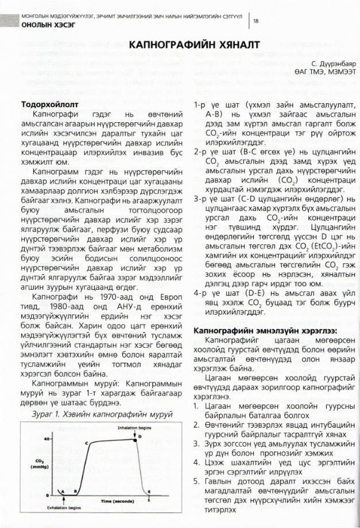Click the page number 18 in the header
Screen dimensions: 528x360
tap(256, 21)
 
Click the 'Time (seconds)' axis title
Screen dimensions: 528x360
tap(121, 501)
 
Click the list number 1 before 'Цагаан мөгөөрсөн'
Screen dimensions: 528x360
tap(196, 407)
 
